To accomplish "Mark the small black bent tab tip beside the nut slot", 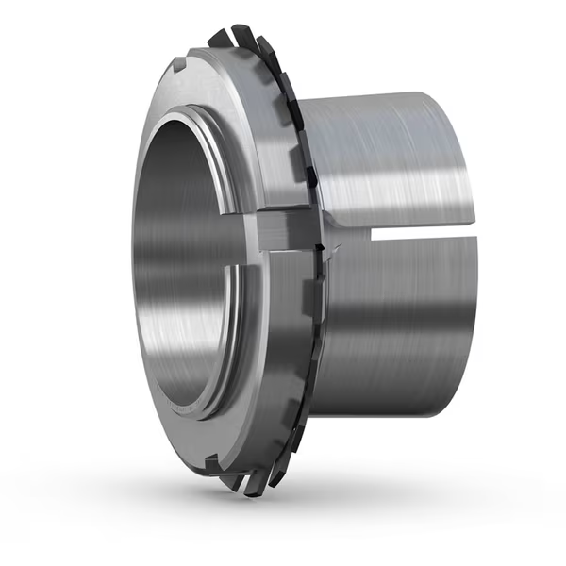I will pos(324,247).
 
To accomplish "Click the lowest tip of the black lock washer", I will pos(250,492).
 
